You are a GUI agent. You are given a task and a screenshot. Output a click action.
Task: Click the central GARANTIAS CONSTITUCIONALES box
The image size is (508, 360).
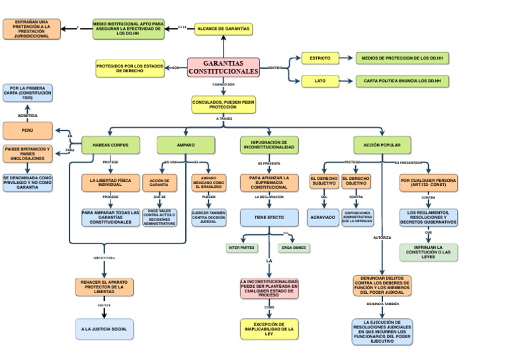point(223,67)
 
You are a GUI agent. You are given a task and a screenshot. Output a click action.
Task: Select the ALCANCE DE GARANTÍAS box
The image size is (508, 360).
point(224,29)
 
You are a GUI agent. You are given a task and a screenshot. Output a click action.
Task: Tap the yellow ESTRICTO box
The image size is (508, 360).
point(320,58)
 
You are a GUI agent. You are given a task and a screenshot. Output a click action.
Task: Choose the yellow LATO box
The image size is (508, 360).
point(320,81)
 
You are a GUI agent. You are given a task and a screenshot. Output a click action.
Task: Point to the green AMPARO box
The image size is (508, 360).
point(186,144)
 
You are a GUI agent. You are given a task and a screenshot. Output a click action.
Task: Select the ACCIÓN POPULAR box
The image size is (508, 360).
point(382,144)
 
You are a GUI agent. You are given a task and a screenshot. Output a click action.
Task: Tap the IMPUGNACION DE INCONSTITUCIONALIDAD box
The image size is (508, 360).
point(269,144)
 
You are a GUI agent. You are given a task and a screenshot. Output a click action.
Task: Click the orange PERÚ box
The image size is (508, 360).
point(28,130)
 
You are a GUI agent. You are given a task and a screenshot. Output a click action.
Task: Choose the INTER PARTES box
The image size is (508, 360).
point(241,248)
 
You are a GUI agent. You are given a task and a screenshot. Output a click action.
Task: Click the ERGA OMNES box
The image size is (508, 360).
point(294,248)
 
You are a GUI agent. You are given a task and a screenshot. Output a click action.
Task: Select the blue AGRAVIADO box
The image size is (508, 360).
point(323,217)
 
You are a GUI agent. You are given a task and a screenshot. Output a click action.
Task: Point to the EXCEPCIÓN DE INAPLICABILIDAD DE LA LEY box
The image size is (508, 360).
point(269,329)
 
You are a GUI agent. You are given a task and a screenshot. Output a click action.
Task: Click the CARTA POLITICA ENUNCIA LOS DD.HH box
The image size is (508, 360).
point(402,81)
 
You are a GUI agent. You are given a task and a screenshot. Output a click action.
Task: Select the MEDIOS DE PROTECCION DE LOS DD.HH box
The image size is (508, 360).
point(402,58)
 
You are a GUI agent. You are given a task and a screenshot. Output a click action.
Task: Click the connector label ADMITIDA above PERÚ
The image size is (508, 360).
point(28,115)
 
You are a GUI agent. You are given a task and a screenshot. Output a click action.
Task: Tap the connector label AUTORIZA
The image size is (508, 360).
point(382,237)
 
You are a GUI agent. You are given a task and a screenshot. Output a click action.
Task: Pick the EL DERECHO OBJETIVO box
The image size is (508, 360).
point(357,181)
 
